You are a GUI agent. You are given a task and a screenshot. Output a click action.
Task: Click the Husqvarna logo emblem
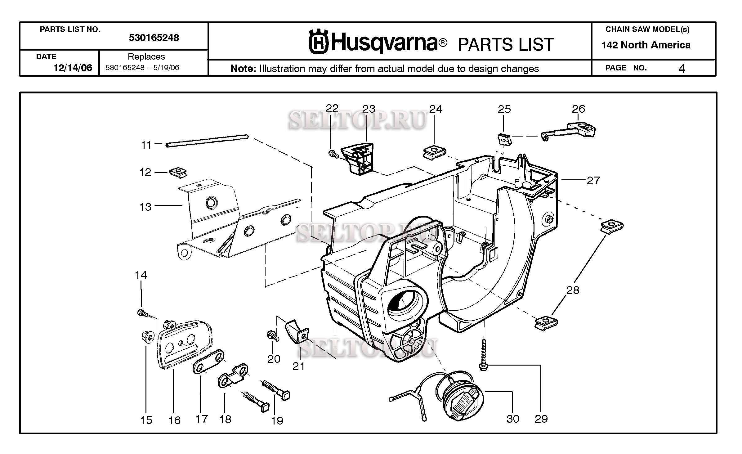click(318, 41)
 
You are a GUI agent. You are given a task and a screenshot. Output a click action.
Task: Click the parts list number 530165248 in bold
click(154, 38)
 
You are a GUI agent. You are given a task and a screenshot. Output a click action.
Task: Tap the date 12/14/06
click(73, 68)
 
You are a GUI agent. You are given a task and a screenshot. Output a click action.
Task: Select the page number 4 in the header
click(682, 69)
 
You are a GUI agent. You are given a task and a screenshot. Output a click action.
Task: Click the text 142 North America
click(646, 45)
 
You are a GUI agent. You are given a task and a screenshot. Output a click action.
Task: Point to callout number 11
click(146, 145)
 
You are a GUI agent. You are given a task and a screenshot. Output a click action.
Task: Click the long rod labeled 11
click(207, 141)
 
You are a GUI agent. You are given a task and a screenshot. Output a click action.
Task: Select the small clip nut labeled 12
click(178, 172)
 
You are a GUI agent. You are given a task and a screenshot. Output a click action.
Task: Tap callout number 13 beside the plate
click(145, 207)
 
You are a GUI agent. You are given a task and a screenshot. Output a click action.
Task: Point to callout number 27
click(593, 181)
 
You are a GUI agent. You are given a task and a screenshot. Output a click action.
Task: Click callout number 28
click(572, 290)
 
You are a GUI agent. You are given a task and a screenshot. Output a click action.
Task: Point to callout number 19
click(277, 420)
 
